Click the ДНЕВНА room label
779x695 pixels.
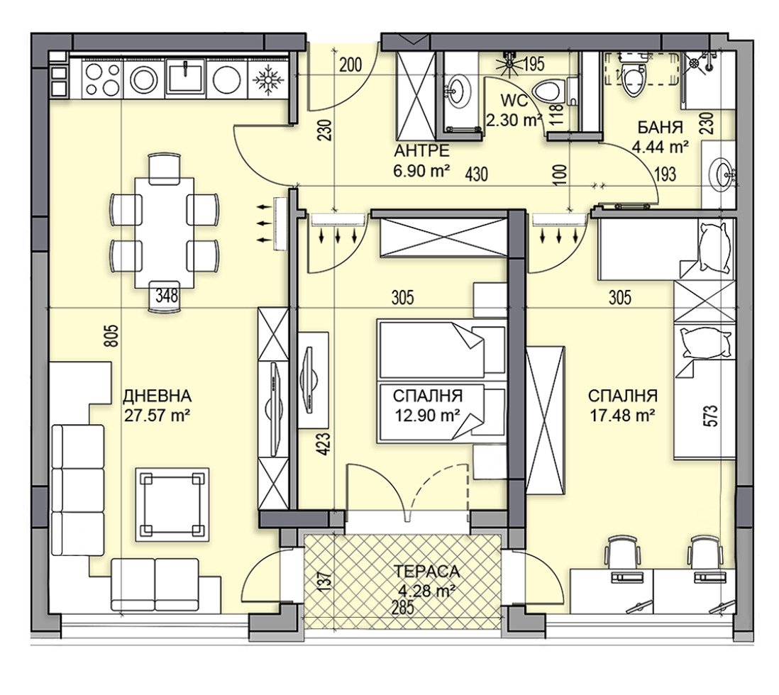[157, 396]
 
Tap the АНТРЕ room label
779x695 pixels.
[422, 150]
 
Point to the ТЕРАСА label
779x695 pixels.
[427, 572]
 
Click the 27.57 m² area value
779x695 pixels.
[157, 415]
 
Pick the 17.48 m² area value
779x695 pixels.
[622, 415]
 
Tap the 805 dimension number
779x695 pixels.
[113, 336]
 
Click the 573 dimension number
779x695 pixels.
[711, 416]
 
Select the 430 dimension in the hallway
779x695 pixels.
[477, 174]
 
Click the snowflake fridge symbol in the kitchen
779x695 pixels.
[269, 79]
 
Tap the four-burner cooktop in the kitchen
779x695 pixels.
[103, 78]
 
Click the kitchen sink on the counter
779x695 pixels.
[184, 77]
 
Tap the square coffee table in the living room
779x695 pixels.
[172, 505]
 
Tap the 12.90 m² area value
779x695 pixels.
[427, 415]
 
